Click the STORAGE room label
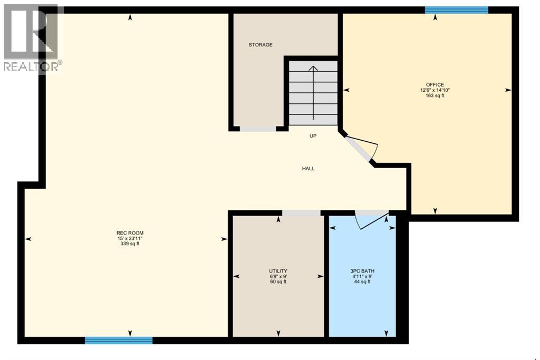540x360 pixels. pos(261,45)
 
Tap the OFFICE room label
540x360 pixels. pos(435,85)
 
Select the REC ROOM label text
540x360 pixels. pos(130,233)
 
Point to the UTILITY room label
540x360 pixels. pos(278,271)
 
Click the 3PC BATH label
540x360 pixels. pos(362,271)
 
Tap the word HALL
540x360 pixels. pos(308,169)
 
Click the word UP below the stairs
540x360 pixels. pos(313,136)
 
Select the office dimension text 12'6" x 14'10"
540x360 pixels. pos(435,90)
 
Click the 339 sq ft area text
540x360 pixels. pos(130,244)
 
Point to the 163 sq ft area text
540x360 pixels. pos(435,95)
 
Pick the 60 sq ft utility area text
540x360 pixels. pos(278,281)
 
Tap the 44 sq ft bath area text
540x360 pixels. pos(362,281)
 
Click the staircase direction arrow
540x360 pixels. pos(313,92)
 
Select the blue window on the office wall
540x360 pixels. pos(457,9)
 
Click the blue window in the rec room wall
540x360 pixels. pos(119,340)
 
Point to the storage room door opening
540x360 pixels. pos(258,129)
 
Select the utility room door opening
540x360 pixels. pos(301,213)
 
